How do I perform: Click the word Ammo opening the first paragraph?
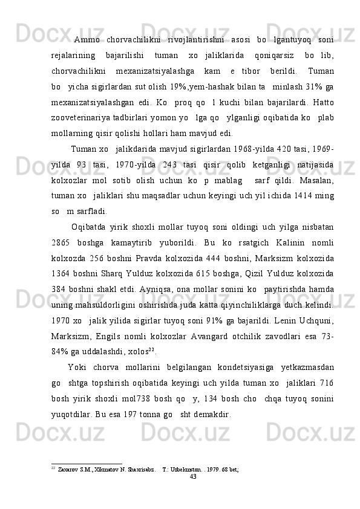coord(87,41)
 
